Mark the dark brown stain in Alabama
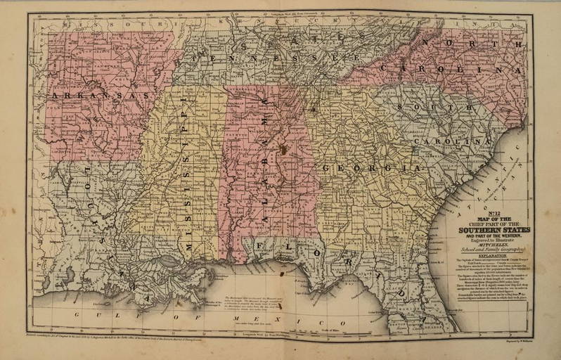(x=283, y=148)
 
